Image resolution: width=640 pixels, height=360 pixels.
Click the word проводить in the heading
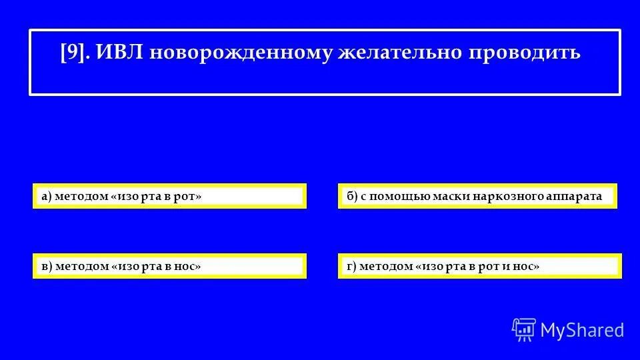tap(527, 53)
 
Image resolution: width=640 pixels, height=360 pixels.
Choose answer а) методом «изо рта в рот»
tap(169, 196)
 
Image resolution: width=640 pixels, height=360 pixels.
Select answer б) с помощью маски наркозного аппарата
tap(477, 196)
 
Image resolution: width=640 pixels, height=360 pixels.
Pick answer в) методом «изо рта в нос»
tap(169, 266)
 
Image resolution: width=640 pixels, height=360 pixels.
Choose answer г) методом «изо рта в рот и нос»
tap(479, 266)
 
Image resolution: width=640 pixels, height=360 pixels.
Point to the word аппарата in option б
tap(574, 196)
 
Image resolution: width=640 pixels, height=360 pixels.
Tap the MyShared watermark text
tap(582, 329)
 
